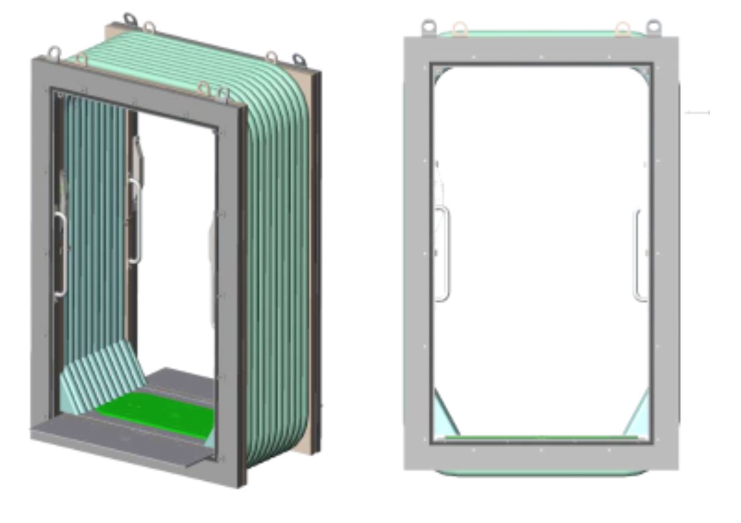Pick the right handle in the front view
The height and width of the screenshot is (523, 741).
coord(640,255)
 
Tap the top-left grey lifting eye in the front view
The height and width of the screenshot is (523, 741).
coord(429,27)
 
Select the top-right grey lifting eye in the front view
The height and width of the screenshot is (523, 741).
coord(653,27)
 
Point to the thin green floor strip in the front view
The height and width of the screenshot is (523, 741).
coord(540,436)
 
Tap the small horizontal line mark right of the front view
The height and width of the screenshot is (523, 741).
coord(697,112)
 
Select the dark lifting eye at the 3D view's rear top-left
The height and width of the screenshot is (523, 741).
coord(129,19)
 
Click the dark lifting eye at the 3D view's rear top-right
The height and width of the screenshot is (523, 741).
coord(299,60)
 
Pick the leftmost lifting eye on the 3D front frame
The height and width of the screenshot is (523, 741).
coord(55,53)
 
